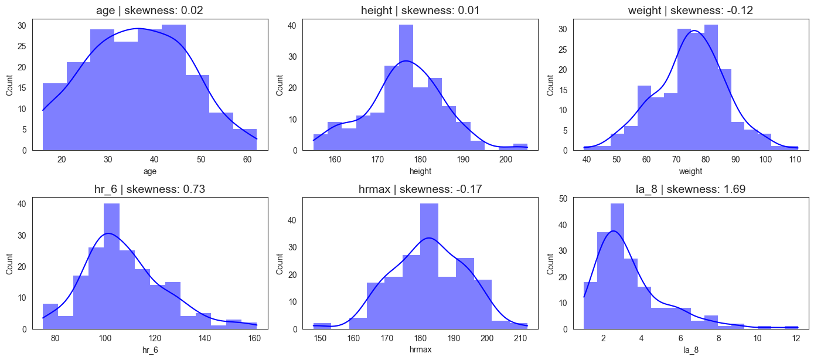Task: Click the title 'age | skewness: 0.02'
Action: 150,9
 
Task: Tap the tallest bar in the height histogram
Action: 406,88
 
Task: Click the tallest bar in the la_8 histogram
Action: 618,266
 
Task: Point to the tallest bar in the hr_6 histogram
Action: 111,266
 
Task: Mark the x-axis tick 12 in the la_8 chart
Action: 796,338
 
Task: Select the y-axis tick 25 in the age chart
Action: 22,46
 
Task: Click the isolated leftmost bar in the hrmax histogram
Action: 322,326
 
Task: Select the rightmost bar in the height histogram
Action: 520,147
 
